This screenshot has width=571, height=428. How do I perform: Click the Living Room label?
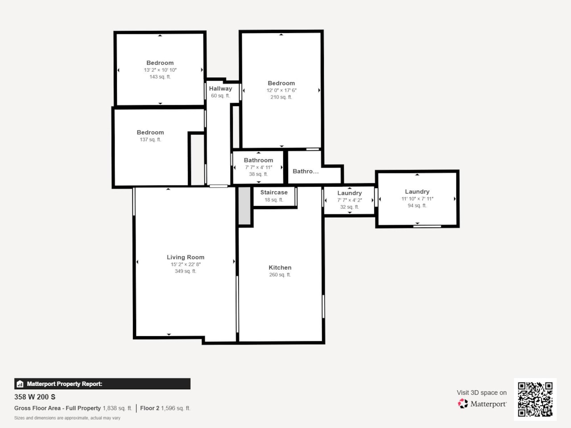pos(186,257)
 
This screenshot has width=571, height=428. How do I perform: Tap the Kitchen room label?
pos(280,267)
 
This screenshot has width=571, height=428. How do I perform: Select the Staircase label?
pos(274,193)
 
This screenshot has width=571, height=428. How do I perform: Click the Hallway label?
pos(220,89)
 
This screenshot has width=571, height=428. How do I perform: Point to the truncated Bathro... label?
pos(306,171)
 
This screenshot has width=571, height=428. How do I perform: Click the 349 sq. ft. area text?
pos(186,271)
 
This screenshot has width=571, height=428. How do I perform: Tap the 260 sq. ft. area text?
pos(280,275)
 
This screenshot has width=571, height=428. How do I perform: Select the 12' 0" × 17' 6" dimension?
pos(281,90)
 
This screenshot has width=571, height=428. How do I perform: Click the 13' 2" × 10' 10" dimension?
pos(160,70)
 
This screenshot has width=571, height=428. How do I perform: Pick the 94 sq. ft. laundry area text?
pos(417,206)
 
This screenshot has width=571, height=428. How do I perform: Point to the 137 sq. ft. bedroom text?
pos(150,140)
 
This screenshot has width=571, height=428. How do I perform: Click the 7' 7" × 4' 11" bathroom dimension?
pos(258,167)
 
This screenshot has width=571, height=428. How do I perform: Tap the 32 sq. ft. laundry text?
pos(349,207)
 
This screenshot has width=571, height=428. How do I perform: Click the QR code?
pos(535,399)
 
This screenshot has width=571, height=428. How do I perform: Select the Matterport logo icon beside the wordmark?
pos(463,403)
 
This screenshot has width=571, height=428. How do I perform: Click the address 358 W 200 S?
pos(35,397)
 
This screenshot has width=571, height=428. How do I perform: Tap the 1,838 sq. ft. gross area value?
pos(117,408)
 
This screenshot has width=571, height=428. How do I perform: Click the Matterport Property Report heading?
pos(64,384)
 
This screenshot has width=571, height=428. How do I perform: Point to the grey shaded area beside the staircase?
pos(244,206)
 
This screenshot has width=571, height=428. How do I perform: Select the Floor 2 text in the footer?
pos(149,408)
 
